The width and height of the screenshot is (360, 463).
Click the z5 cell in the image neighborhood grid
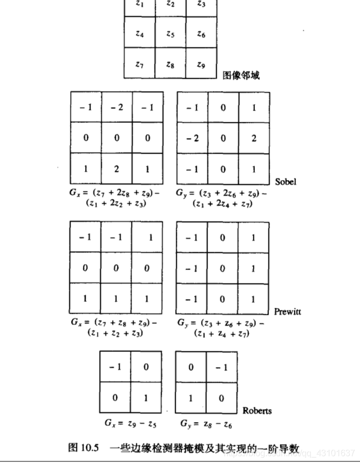[x=170, y=34]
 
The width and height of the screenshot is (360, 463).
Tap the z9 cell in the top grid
[x=201, y=65]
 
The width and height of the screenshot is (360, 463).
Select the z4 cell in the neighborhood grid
[x=140, y=34]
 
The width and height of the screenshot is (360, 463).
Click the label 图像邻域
[x=241, y=75]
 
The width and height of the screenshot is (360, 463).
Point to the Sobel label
[x=286, y=182]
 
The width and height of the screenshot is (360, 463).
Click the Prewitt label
[x=287, y=312]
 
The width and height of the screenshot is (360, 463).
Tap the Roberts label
[x=257, y=411]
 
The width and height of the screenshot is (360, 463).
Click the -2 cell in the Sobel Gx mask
[x=116, y=107]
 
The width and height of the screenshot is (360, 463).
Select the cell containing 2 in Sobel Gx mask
[x=116, y=169]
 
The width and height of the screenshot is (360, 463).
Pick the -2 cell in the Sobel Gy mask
[x=192, y=138]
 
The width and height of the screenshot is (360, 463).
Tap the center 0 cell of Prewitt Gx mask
[x=116, y=268]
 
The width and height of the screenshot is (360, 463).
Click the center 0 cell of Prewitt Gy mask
[x=222, y=268]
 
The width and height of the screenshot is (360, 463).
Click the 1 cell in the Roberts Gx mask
[x=146, y=397]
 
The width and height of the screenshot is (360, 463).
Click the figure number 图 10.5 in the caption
[x=82, y=447]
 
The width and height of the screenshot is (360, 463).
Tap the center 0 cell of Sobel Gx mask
[x=116, y=138]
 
